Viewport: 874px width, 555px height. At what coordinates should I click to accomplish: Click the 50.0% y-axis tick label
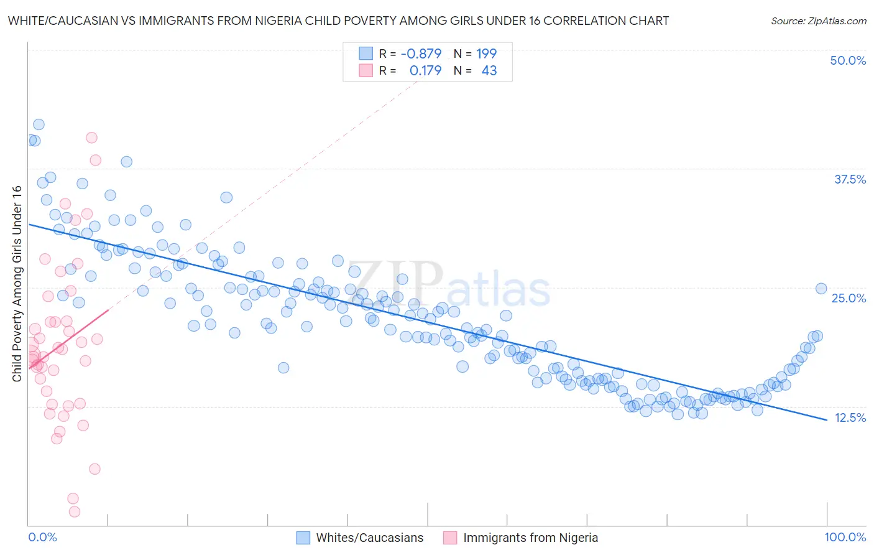pos(847,60)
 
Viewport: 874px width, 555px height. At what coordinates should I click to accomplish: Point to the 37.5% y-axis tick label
pos(849,179)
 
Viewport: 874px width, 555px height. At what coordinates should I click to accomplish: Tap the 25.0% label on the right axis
pos(849,298)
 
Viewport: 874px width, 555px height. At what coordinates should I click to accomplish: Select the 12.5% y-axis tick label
pos(850,417)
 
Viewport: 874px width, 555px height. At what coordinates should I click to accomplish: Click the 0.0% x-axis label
pos(42,537)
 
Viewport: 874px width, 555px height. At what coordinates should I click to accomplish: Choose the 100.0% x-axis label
pos(845,537)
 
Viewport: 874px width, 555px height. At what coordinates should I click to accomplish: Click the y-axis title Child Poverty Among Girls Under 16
pos(17,284)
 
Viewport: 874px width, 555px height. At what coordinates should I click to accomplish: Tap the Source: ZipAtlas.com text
pos(818,21)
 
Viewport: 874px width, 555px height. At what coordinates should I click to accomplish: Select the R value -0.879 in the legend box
pos(421,54)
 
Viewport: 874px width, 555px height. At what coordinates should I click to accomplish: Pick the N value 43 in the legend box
pos(489,71)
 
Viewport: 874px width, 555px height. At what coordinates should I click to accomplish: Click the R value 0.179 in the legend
pos(425,71)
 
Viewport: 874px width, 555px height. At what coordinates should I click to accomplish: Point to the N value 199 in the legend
pos(486,54)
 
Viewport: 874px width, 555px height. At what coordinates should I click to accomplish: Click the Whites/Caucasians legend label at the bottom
pos(369,538)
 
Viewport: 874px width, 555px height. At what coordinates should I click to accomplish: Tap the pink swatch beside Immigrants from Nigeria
pos(450,538)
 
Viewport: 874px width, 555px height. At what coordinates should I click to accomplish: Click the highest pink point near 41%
pos(91,138)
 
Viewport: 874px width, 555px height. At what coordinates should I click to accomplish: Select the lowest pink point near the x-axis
pos(75,511)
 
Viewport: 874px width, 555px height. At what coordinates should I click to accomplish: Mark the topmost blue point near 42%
pos(39,124)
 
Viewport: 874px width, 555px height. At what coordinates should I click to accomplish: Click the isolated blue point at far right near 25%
pos(821,288)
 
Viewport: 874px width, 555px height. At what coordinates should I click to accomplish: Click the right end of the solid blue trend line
pos(827,419)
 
